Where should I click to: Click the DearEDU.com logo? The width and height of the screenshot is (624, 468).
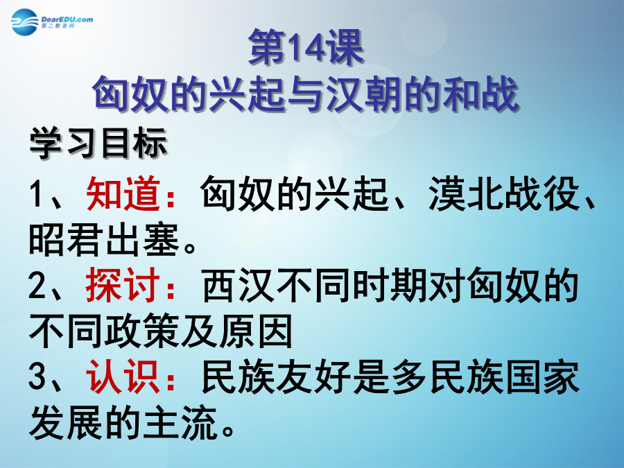pos(52,22)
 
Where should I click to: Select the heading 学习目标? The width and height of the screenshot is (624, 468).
pos(98,144)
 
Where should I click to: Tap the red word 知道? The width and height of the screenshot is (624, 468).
pos(123,194)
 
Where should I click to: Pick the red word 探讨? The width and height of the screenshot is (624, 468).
pos(123,285)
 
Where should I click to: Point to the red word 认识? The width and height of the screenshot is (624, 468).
pos(123,376)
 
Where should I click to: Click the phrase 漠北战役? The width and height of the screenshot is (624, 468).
pos(504,194)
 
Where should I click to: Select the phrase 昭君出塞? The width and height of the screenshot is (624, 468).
pos(104,239)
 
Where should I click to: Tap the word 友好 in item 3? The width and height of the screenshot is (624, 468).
pos(313,376)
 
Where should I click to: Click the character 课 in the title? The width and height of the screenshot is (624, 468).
pos(345,48)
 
